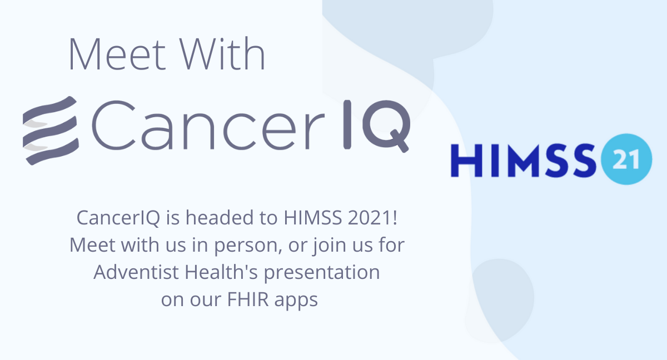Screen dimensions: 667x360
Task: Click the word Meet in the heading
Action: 117,54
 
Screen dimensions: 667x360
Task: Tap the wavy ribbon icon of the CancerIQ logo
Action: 51,131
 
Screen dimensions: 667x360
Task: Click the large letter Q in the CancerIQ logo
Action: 386,126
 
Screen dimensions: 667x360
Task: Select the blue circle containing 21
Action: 626,159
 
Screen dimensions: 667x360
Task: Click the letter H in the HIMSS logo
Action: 466,161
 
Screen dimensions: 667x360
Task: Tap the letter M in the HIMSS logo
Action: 522,161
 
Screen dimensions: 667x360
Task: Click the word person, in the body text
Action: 248,246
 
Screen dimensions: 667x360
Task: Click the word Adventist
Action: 136,272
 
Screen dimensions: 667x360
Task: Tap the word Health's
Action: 221,272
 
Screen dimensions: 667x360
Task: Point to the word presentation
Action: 322,273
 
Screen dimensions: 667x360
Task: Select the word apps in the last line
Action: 296,301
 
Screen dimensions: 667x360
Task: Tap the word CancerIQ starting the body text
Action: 118,217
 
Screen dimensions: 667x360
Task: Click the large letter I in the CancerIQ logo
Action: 347,124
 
